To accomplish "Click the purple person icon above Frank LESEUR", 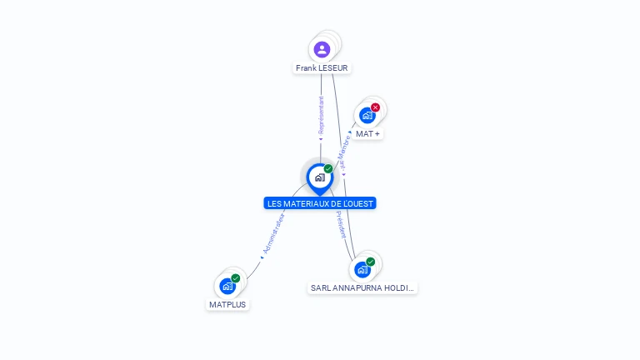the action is pyautogui.click(x=322, y=49).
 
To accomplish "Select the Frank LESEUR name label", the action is pyautogui.click(x=322, y=67).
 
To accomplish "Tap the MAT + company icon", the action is pyautogui.click(x=367, y=116).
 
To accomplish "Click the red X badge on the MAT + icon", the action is pyautogui.click(x=375, y=107).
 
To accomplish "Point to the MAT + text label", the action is pyautogui.click(x=367, y=133).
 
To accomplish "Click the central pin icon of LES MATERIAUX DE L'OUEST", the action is pyautogui.click(x=319, y=177).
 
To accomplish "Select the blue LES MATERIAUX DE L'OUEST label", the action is pyautogui.click(x=321, y=203).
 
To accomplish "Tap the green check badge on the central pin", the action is pyautogui.click(x=328, y=169).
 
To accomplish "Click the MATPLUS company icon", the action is pyautogui.click(x=227, y=286).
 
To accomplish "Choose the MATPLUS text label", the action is pyautogui.click(x=228, y=304).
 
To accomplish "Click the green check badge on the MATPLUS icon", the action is pyautogui.click(x=236, y=278).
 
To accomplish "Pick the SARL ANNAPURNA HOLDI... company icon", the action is pyautogui.click(x=362, y=269).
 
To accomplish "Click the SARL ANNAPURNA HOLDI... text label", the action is pyautogui.click(x=362, y=287).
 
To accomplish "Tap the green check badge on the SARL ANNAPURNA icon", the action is pyautogui.click(x=370, y=262).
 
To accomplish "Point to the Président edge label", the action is pyautogui.click(x=341, y=224).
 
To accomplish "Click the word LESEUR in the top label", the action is pyautogui.click(x=333, y=67).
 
